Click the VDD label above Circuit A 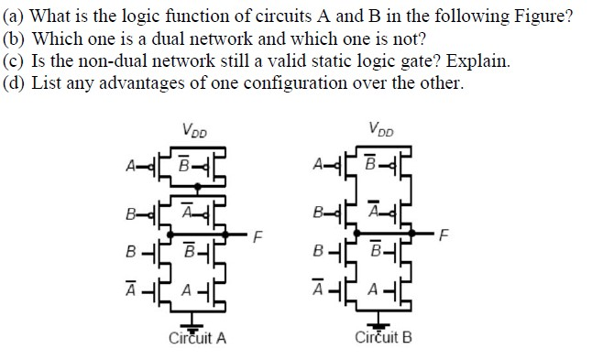pyautogui.click(x=194, y=130)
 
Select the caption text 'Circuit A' pyautogui.click(x=198, y=338)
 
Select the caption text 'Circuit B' pyautogui.click(x=382, y=338)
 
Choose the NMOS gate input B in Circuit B pyautogui.click(x=317, y=247)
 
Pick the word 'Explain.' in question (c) pyautogui.click(x=477, y=61)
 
